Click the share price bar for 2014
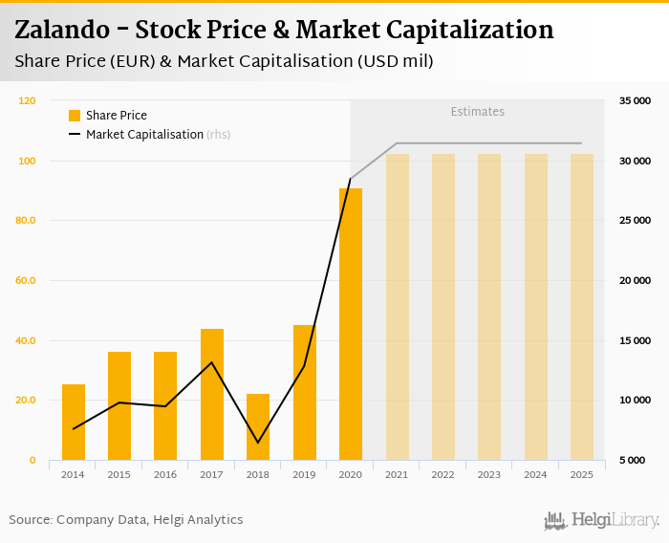(74, 422)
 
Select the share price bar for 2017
(212, 394)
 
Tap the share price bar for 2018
(258, 426)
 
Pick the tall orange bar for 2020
(351, 324)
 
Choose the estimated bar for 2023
(489, 307)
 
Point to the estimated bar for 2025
(582, 307)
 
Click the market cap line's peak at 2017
(212, 362)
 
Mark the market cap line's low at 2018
(258, 443)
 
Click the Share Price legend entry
(107, 116)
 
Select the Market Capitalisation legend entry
(143, 135)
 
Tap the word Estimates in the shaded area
(477, 112)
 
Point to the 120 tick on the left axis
(27, 100)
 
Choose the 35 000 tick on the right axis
(635, 100)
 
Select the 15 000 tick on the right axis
(635, 340)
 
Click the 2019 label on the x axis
(304, 474)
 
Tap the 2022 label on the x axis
(442, 474)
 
